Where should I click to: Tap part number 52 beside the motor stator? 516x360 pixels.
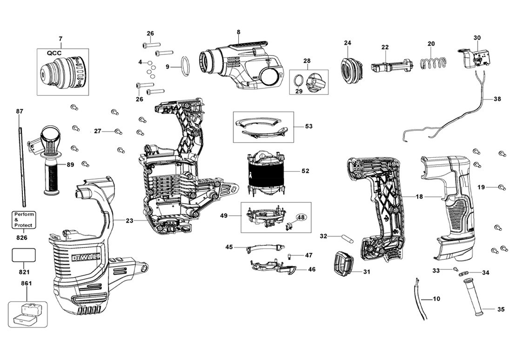click(305, 171)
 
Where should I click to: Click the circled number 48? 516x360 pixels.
click(301, 217)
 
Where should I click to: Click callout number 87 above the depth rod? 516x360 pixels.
click(20, 111)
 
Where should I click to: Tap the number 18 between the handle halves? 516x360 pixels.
click(419, 197)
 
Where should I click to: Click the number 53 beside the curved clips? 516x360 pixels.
click(309, 126)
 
